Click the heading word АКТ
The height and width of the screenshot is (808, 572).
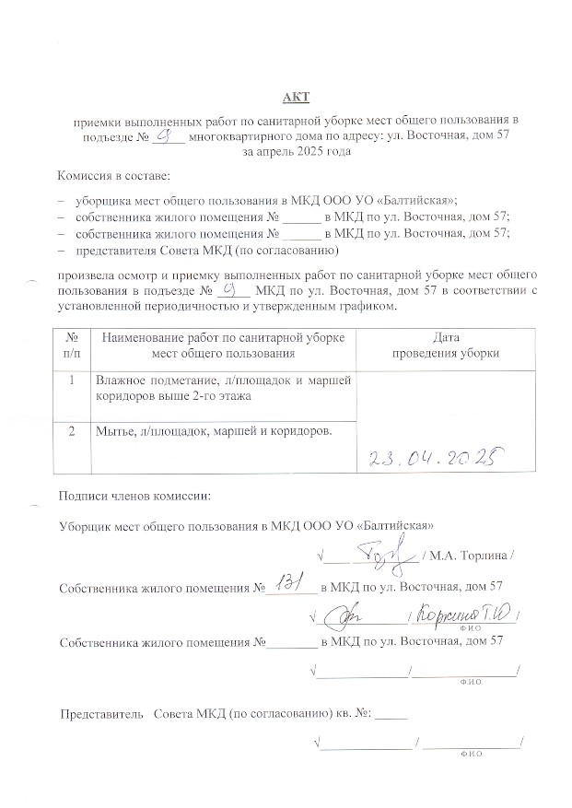[297, 98]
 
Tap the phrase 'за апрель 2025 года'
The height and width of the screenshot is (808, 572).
[297, 151]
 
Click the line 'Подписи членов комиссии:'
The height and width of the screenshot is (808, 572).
[134, 496]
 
